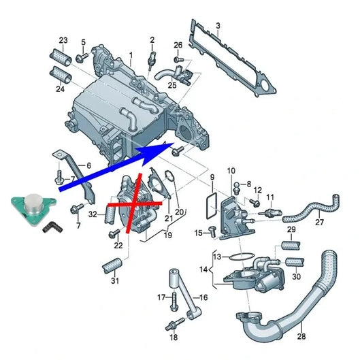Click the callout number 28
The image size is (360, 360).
click(x=302, y=335)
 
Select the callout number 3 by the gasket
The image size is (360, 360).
click(x=218, y=27)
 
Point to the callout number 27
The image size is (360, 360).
click(x=320, y=222)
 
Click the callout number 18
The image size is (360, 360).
click(x=174, y=337)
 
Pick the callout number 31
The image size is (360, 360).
click(x=115, y=281)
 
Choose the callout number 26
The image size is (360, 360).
click(x=178, y=46)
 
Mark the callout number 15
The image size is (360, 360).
click(x=198, y=233)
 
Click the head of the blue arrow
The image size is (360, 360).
click(x=167, y=144)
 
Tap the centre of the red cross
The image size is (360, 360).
click(x=135, y=203)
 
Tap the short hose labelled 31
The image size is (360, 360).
click(x=112, y=264)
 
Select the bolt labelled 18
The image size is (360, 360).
click(x=175, y=319)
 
